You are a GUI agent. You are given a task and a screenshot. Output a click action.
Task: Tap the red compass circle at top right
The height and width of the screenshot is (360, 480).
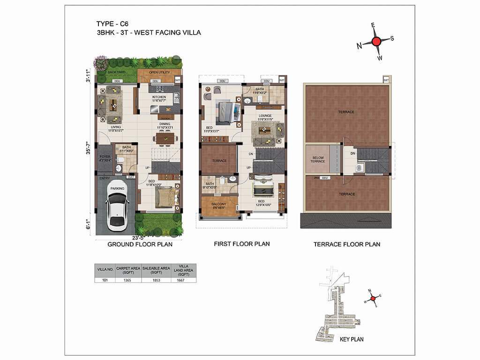coord(376,41)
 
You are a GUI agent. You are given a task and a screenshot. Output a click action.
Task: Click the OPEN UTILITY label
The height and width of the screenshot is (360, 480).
coord(159,73)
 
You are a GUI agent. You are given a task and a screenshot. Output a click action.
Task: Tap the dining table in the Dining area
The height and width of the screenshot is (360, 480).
coord(164,138)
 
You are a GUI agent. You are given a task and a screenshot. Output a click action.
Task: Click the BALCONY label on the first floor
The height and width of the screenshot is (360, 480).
coord(219,204)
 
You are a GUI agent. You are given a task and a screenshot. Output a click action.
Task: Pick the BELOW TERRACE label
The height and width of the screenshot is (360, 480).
coord(317,159)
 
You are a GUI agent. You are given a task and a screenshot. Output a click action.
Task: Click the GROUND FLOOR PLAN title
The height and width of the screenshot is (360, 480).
coord(140,244)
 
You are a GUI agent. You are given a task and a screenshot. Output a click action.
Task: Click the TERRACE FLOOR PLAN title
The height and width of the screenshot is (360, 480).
coord(346,244)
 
